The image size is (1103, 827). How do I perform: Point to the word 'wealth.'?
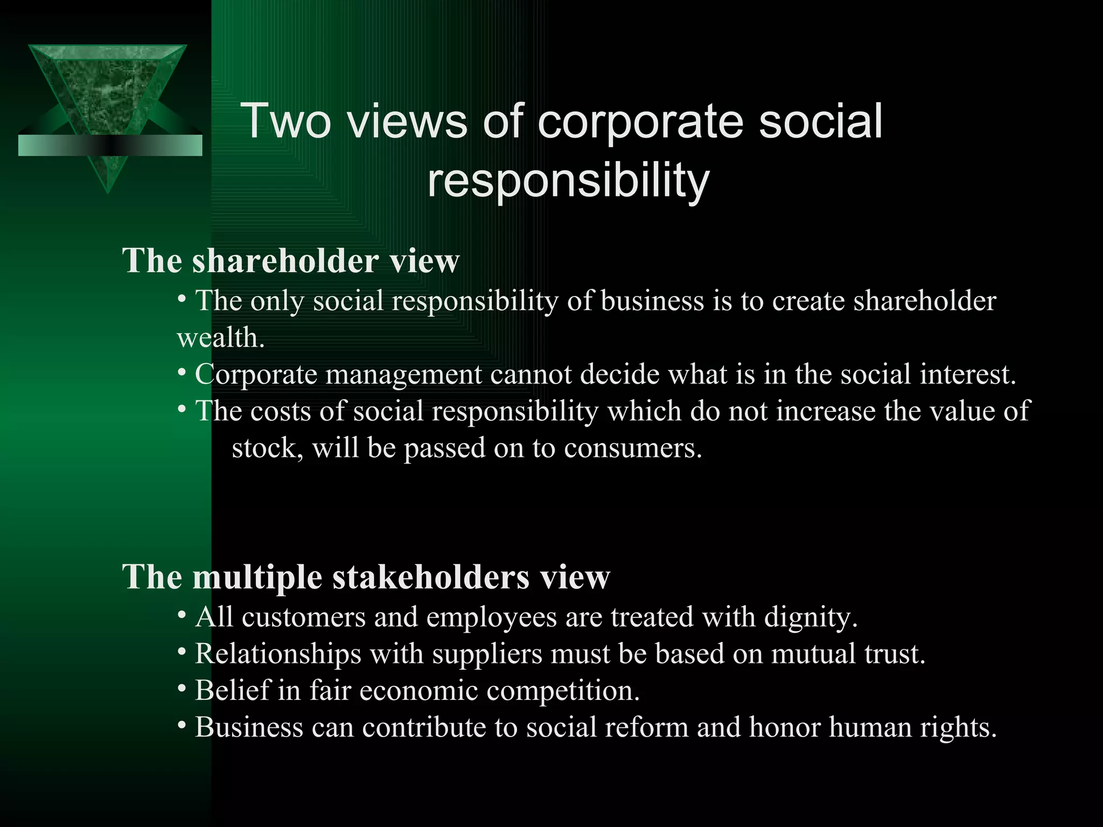[221, 338]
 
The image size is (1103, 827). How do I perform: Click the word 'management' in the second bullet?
[404, 374]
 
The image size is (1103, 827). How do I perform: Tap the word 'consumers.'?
[633, 448]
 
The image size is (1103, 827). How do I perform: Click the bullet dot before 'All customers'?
[182, 615]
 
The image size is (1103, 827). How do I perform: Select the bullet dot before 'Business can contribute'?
[182, 726]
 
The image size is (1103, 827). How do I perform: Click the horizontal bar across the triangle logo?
[110, 145]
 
